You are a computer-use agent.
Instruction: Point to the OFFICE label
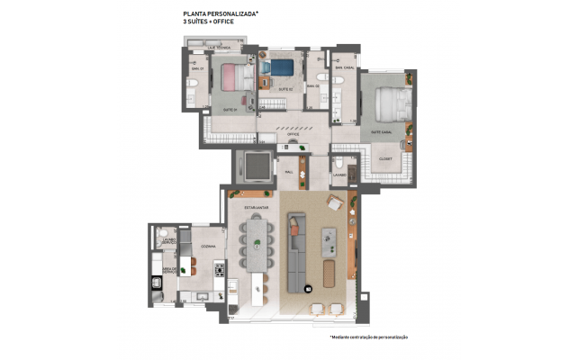[x=293, y=134]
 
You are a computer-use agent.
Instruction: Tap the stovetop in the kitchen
[x=217, y=269]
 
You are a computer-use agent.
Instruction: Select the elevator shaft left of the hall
[x=254, y=168]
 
